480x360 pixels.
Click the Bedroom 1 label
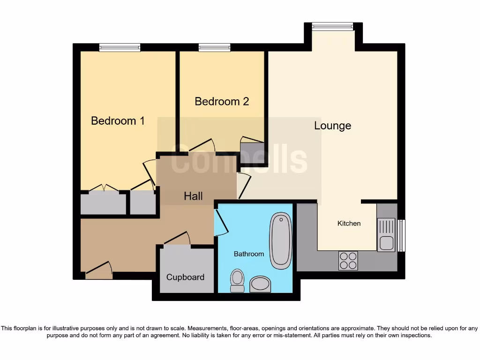click(x=118, y=121)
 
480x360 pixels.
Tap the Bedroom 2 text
click(x=222, y=101)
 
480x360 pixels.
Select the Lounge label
click(x=332, y=126)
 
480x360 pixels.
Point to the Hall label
click(x=193, y=196)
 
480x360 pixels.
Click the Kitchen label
click(x=349, y=224)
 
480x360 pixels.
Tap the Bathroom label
click(x=249, y=254)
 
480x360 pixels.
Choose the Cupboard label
click(x=185, y=277)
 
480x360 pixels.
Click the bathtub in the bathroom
click(x=280, y=240)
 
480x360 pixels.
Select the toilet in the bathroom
click(x=237, y=280)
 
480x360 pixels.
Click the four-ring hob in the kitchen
click(x=348, y=261)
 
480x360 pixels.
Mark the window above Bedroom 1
click(x=120, y=47)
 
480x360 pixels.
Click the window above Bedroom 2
click(x=214, y=47)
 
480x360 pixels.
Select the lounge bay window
click(x=333, y=26)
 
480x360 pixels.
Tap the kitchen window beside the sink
click(x=401, y=235)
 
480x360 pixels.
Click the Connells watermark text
click(x=239, y=159)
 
